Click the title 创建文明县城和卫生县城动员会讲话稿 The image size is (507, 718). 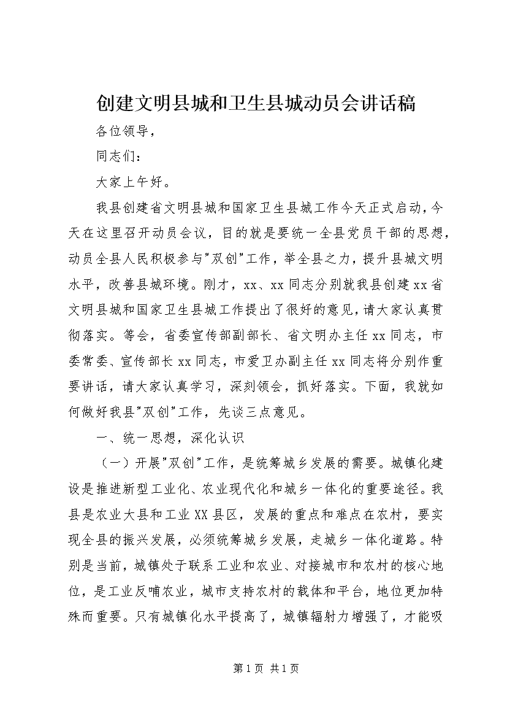[253, 102]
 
